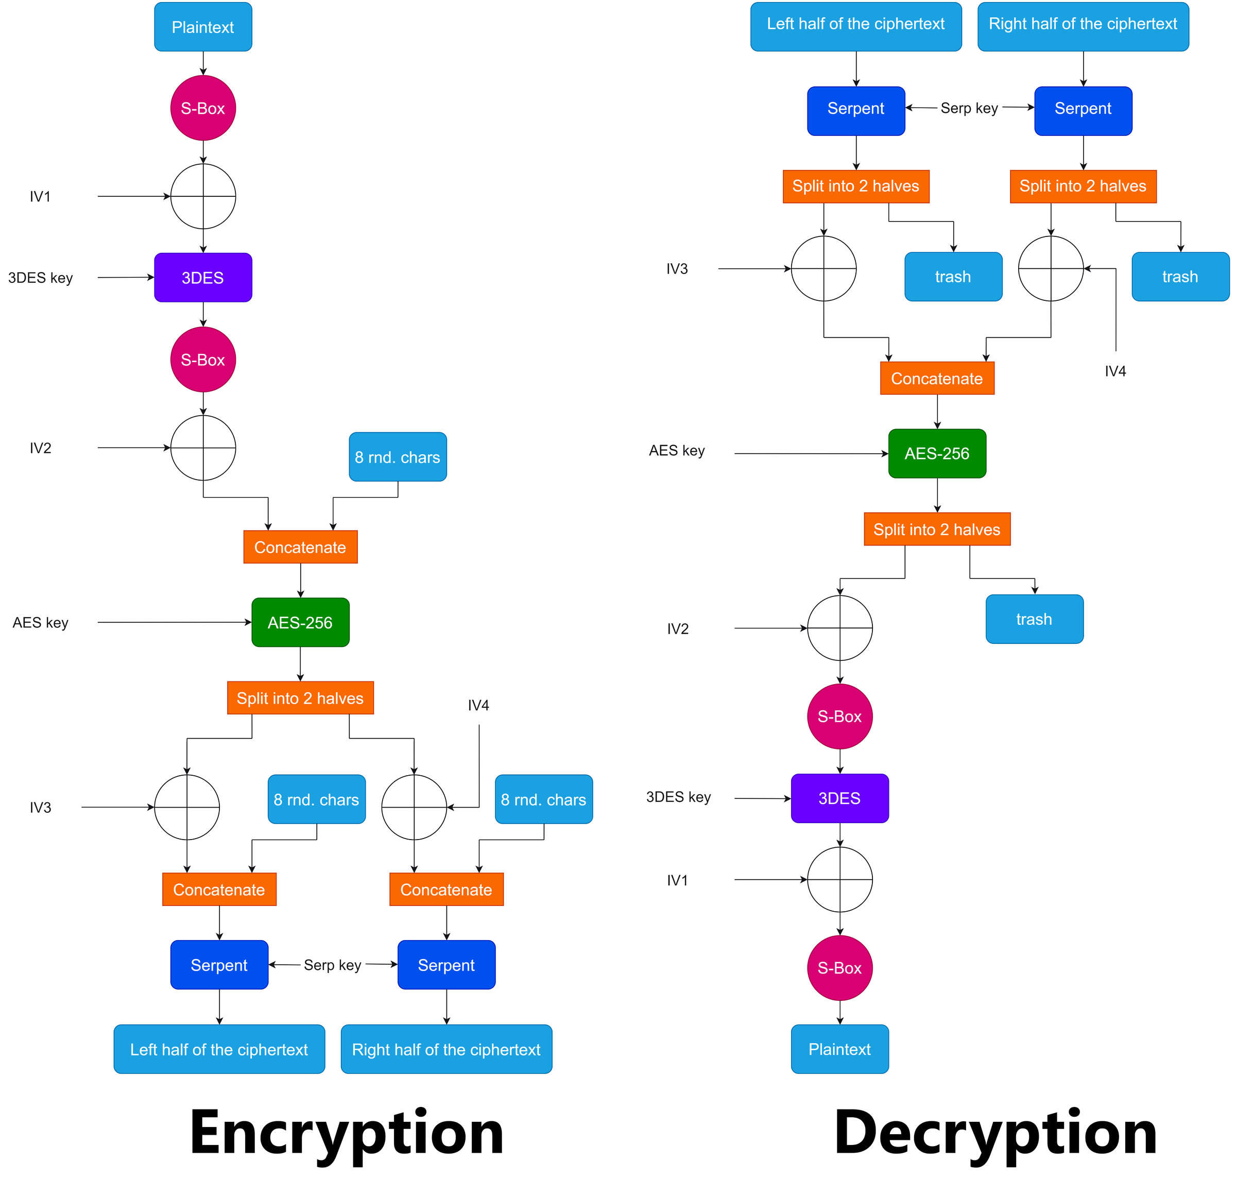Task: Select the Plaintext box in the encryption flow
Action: click(203, 27)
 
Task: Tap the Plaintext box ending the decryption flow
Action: click(839, 1049)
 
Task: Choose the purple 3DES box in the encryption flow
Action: click(203, 278)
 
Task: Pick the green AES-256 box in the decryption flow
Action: click(937, 453)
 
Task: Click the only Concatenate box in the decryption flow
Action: click(937, 379)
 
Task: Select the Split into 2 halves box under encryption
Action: click(300, 698)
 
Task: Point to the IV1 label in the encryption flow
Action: click(40, 197)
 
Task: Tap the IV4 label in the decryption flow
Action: click(1115, 371)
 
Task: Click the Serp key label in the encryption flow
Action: click(332, 965)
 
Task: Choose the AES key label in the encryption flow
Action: click(40, 622)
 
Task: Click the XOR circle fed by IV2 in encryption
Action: click(203, 448)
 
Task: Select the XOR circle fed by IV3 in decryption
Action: click(823, 269)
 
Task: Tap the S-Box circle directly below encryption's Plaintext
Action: click(203, 108)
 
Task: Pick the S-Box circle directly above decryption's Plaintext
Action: click(839, 968)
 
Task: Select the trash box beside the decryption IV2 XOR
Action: click(1034, 619)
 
